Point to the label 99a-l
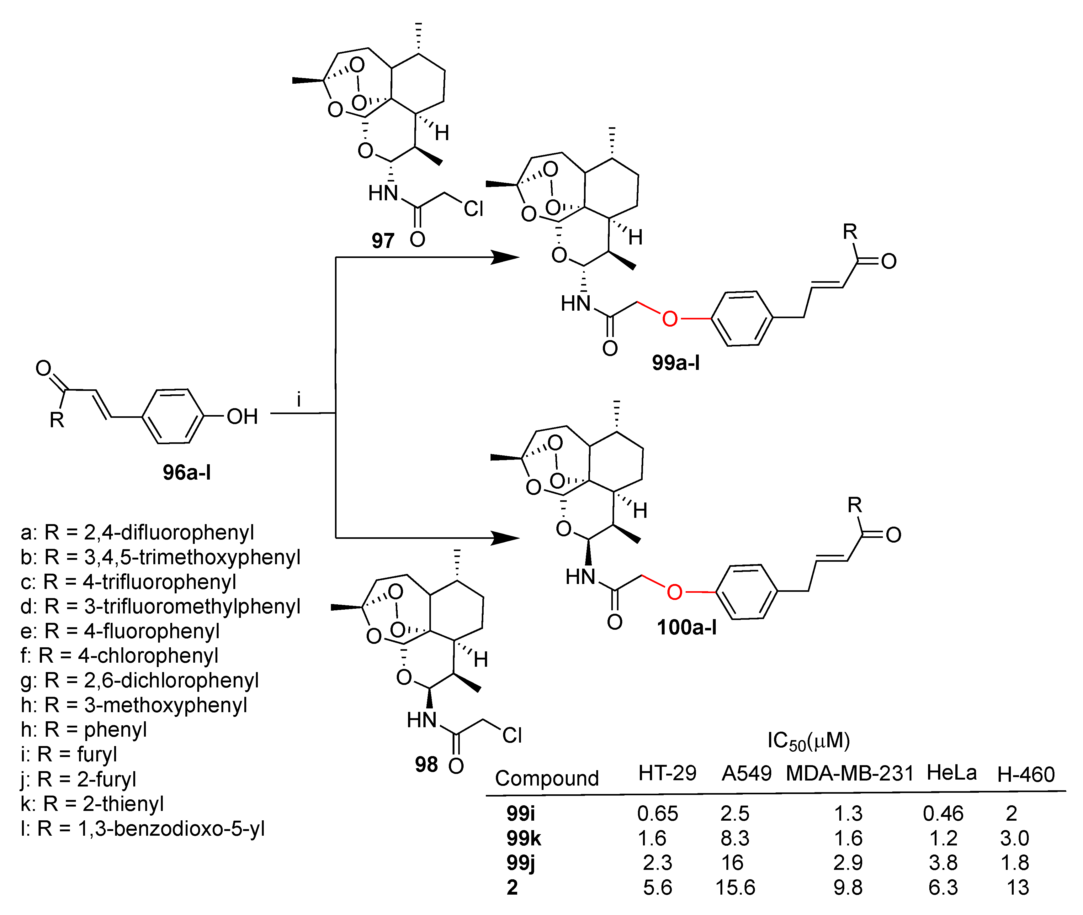coord(676,363)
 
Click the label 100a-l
coord(687,627)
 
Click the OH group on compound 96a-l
coord(242,417)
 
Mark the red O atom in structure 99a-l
coord(669,318)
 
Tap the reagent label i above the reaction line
coord(298,400)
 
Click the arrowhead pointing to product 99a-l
coord(504,257)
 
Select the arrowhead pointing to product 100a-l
coord(504,538)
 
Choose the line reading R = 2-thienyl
coord(93,803)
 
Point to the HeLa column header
coord(951,773)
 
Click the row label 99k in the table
coord(523,838)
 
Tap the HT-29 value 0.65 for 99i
coord(657,814)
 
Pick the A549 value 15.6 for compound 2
coord(735,887)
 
